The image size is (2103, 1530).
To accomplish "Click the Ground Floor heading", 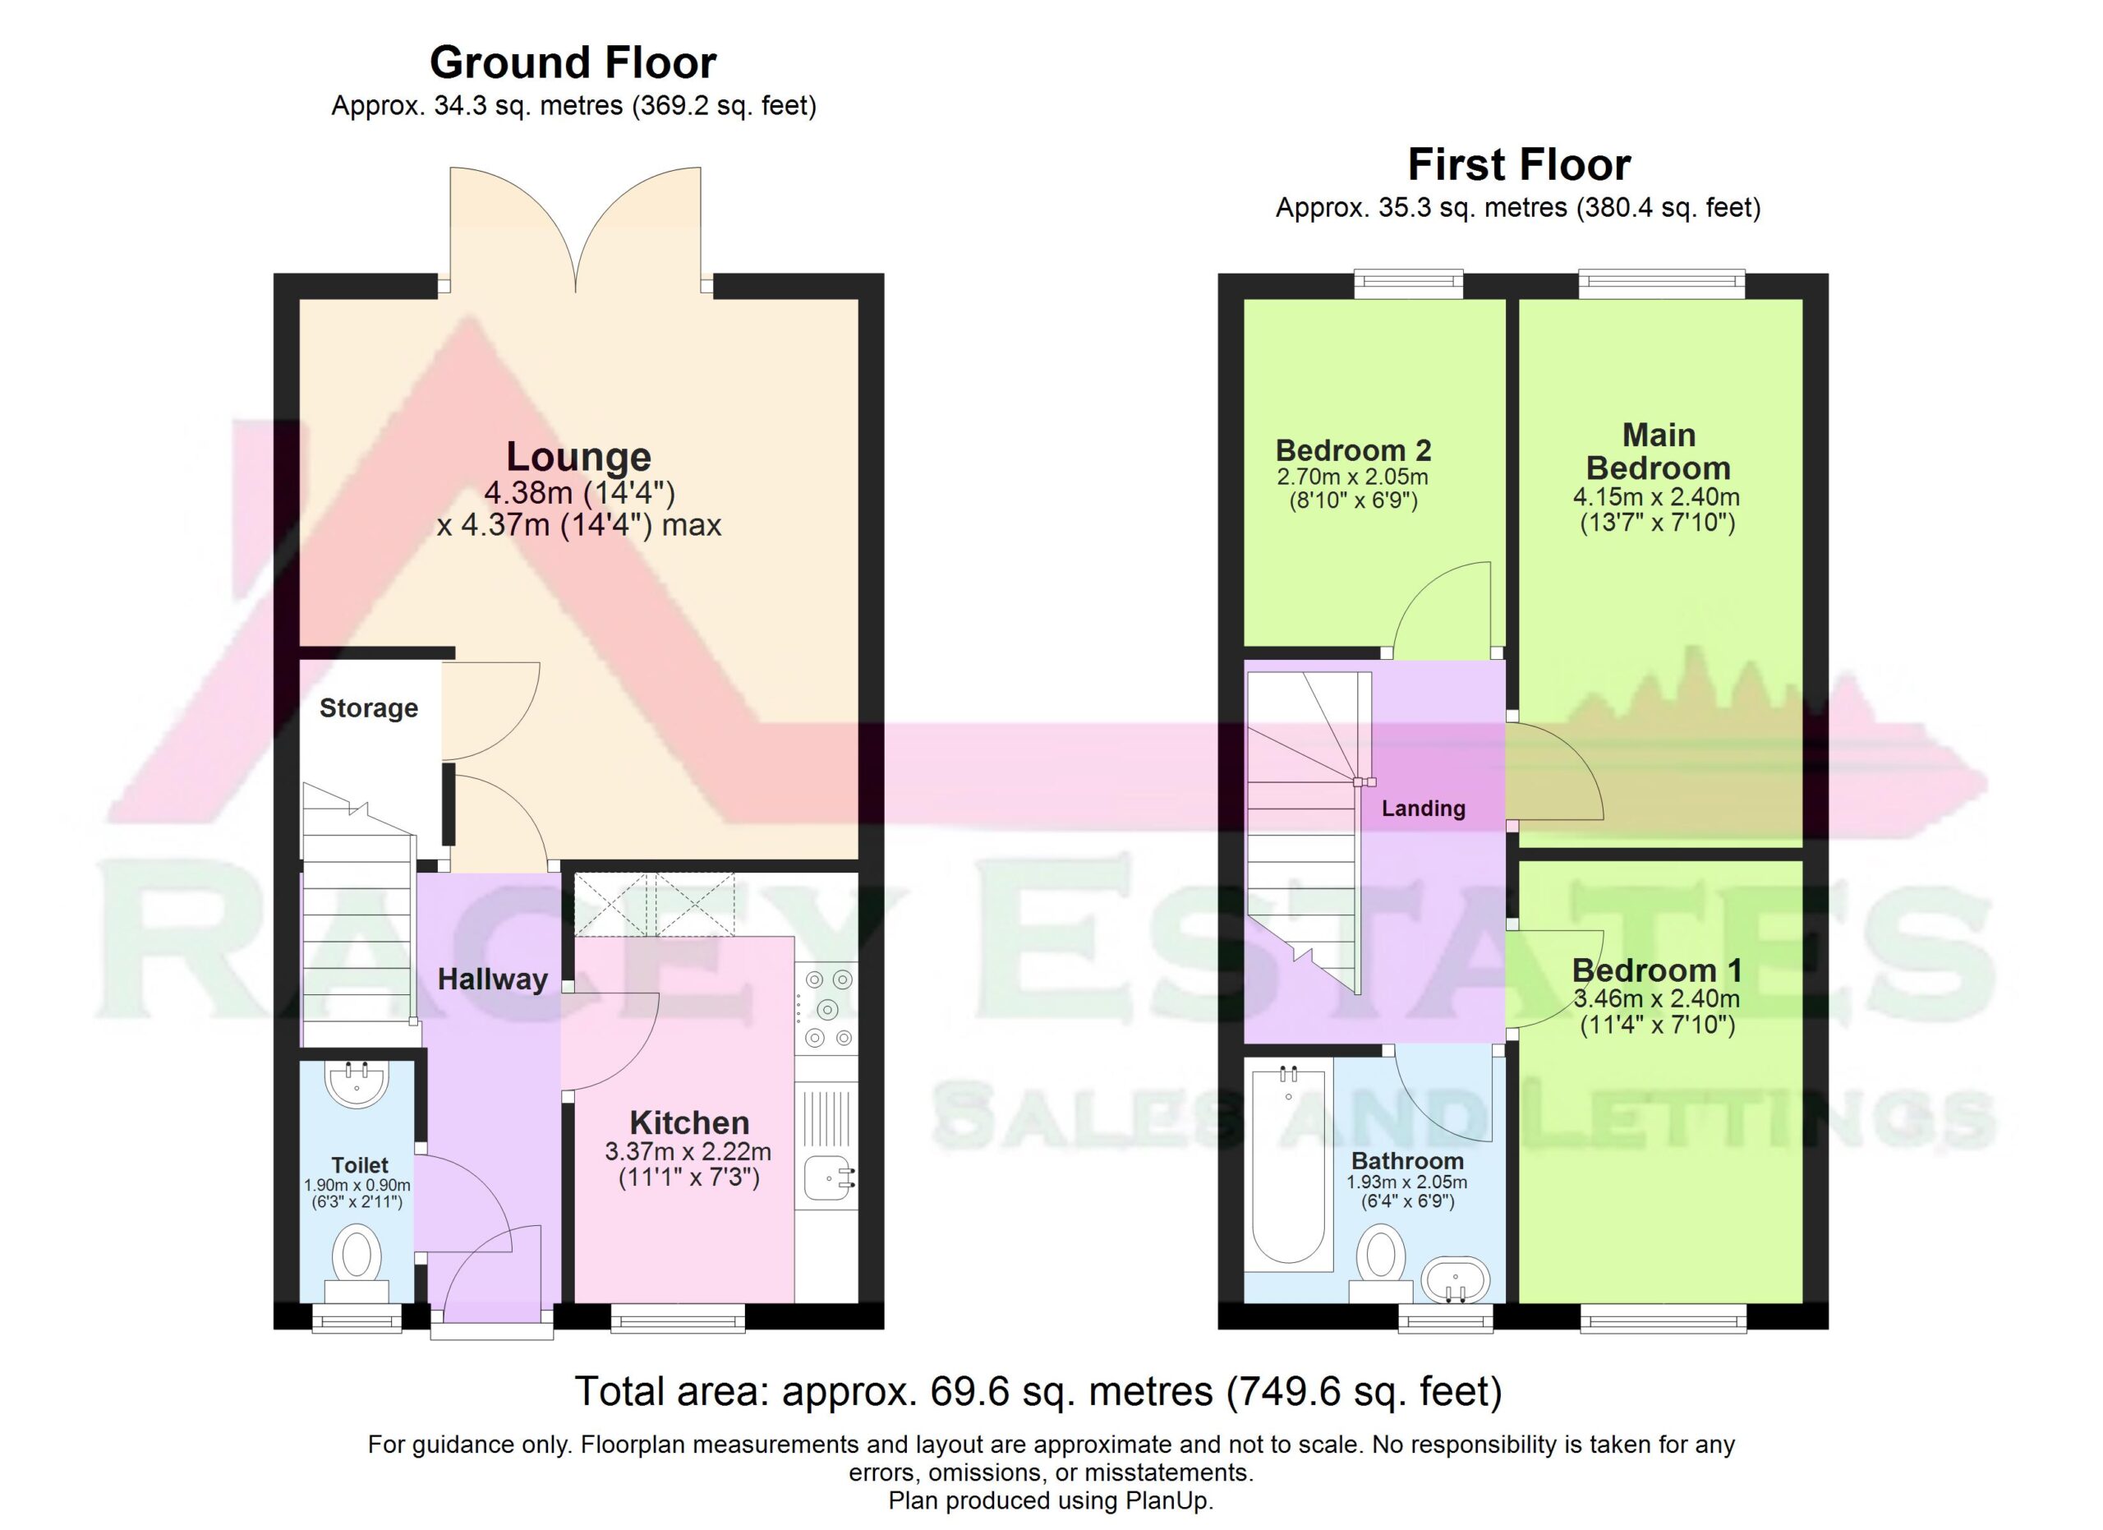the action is click(573, 63).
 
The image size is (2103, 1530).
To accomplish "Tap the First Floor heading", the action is click(1519, 165).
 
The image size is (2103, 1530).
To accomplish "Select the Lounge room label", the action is click(578, 456).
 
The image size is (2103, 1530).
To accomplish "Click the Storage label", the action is click(368, 708).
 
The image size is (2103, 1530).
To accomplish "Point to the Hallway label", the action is click(492, 979).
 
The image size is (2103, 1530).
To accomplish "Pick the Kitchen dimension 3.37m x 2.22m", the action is click(688, 1152).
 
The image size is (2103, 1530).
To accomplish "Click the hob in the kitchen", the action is click(826, 1008).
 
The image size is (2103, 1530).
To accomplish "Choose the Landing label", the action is click(1424, 809).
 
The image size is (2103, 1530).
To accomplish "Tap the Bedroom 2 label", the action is click(1354, 450).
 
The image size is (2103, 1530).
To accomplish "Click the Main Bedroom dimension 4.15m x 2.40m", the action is click(1656, 497).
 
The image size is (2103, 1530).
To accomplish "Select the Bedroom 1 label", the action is click(1656, 971).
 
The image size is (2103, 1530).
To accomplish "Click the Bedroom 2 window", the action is click(1409, 283).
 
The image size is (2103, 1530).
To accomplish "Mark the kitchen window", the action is click(678, 1318).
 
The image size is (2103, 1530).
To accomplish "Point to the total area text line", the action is click(1038, 1392).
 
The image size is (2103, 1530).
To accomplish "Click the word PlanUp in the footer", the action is click(1167, 1501).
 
